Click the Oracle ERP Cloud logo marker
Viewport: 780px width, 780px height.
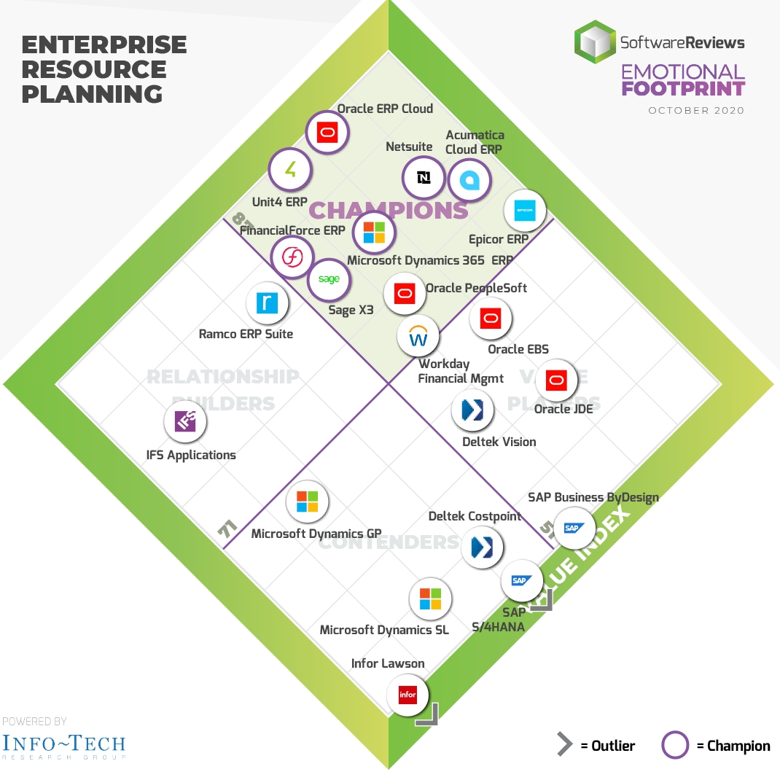[x=327, y=133]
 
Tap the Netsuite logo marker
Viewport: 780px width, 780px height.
[x=424, y=177]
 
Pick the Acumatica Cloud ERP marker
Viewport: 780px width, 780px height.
[x=469, y=179]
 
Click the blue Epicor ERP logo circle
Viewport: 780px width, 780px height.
[x=525, y=210]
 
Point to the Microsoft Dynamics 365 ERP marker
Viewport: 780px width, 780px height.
[x=374, y=233]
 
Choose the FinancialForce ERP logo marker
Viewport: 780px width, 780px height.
[x=292, y=257]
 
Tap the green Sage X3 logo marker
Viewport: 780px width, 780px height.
[x=329, y=280]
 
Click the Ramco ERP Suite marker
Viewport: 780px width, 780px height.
[x=268, y=303]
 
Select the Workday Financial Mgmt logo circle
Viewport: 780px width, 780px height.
[x=418, y=337]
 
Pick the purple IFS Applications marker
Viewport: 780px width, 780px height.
[x=185, y=421]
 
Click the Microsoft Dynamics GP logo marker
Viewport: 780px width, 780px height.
[x=307, y=502]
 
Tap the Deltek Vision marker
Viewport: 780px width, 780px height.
[x=473, y=410]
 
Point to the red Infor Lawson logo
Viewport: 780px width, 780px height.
[x=407, y=695]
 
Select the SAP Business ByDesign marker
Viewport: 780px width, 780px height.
[x=574, y=528]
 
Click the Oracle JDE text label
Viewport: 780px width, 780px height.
[x=563, y=409]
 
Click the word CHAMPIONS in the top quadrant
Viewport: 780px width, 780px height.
[x=389, y=210]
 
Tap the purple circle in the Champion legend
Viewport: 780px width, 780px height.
[x=675, y=746]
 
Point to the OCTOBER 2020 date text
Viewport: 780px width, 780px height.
[x=696, y=111]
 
